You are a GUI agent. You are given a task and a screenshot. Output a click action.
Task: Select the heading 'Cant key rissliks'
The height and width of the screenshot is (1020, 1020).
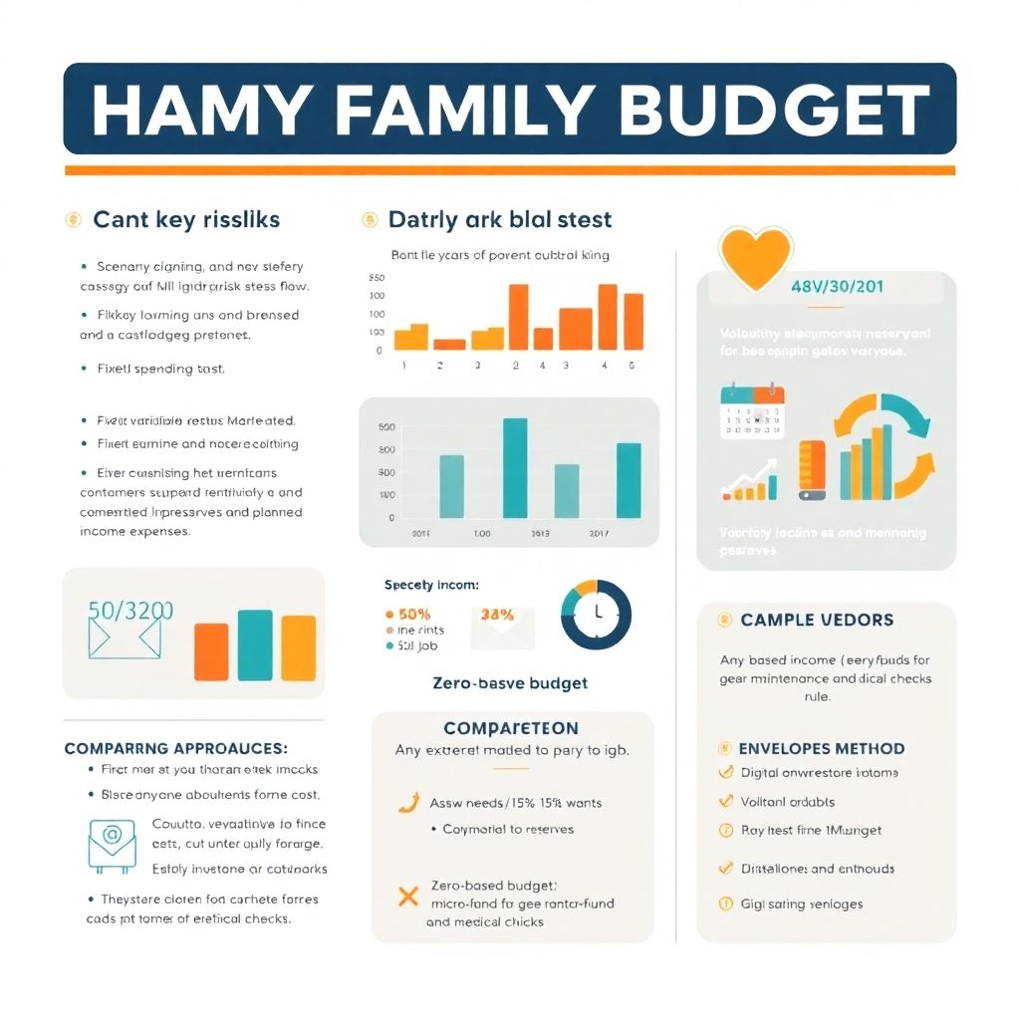click(x=186, y=220)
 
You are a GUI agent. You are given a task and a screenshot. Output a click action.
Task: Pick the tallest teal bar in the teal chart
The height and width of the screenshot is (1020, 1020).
click(x=515, y=467)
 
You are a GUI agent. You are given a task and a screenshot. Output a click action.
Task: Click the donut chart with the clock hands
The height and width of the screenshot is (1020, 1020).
click(x=597, y=614)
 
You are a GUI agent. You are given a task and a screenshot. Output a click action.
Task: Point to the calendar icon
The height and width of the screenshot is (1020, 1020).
click(x=752, y=413)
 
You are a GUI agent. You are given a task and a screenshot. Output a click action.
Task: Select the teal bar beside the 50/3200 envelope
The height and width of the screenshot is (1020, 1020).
click(x=255, y=644)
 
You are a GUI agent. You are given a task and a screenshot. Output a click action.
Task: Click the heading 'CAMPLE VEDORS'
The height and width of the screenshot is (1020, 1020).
click(x=817, y=620)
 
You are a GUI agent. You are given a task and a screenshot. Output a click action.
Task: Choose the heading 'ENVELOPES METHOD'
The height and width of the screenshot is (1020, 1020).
click(x=822, y=748)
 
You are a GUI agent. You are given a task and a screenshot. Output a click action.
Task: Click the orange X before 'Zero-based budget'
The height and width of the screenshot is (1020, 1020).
click(x=407, y=894)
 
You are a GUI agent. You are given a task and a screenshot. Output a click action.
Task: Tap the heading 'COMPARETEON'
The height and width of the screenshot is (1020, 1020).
click(x=511, y=728)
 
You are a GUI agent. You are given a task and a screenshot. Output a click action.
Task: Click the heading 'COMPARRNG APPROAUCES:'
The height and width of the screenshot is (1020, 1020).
click(x=176, y=748)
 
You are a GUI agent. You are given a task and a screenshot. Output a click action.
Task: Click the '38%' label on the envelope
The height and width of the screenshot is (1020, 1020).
click(x=497, y=615)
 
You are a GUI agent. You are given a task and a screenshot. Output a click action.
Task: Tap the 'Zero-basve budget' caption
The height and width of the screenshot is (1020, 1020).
click(x=510, y=683)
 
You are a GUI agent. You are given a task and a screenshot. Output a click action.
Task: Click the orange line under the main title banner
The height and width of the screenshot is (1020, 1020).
click(x=509, y=170)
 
